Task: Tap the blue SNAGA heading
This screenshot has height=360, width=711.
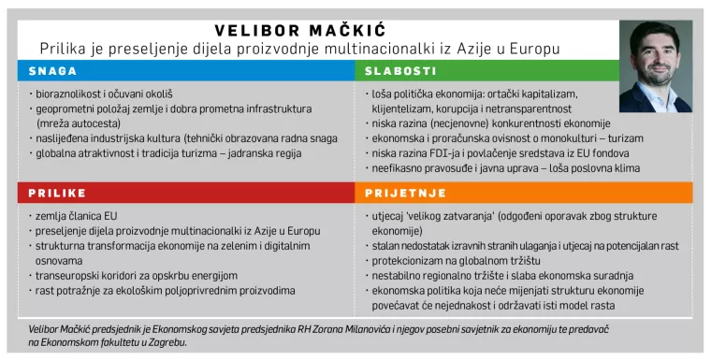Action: [52, 71]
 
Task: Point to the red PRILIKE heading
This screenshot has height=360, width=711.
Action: [57, 194]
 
